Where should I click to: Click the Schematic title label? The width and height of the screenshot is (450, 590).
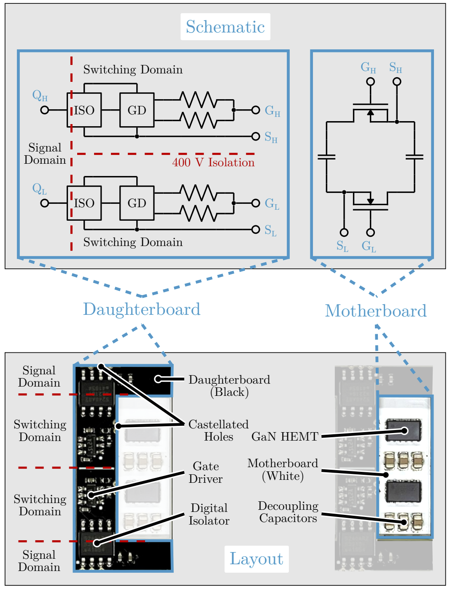point(225,27)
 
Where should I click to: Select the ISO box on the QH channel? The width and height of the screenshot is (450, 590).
point(84,110)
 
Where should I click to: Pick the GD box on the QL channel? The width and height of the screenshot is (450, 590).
point(137,203)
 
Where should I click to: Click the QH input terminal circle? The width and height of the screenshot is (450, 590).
point(45,110)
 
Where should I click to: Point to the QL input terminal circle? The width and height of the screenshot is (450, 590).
point(45,203)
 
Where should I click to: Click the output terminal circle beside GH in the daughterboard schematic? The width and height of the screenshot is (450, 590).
point(255,110)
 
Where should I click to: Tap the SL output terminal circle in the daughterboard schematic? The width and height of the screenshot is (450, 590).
point(255,229)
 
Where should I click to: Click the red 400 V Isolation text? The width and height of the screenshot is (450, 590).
point(213,162)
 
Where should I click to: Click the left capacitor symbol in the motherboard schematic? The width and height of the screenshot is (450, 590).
point(326,157)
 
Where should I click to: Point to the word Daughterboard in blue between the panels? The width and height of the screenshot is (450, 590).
point(142,309)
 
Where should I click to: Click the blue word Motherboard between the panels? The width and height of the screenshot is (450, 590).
point(375,311)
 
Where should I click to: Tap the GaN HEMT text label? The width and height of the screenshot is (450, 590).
point(285,436)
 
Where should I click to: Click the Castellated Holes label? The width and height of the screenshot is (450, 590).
point(218,430)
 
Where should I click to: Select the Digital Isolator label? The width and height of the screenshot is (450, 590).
point(209,514)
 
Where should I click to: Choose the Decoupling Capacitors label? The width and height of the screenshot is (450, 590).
point(288,512)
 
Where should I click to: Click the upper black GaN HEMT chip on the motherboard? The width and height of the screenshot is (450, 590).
point(403,430)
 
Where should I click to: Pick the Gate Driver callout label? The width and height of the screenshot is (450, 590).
point(206,472)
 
